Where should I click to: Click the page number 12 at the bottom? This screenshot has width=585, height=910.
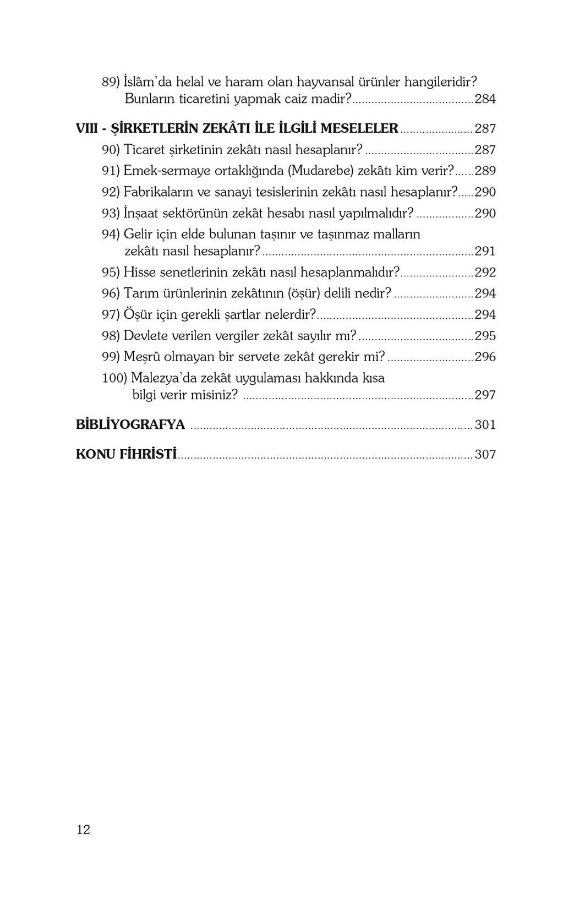click(83, 830)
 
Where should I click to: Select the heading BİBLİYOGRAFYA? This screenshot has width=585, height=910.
click(130, 424)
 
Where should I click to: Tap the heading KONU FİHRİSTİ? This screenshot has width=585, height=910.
click(127, 454)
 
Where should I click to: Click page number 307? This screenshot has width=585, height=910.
click(485, 454)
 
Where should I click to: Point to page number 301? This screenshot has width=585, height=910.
click(485, 424)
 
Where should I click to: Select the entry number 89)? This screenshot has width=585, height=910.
click(111, 82)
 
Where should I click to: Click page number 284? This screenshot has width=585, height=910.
click(485, 99)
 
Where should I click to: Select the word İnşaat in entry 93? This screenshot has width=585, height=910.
click(141, 213)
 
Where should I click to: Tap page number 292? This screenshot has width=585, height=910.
click(485, 272)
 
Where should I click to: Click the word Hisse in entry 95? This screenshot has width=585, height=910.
click(139, 272)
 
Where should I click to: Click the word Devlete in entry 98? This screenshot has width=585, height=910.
click(145, 336)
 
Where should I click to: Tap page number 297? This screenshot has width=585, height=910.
click(485, 395)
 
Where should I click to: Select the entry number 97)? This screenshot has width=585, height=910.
click(111, 314)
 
